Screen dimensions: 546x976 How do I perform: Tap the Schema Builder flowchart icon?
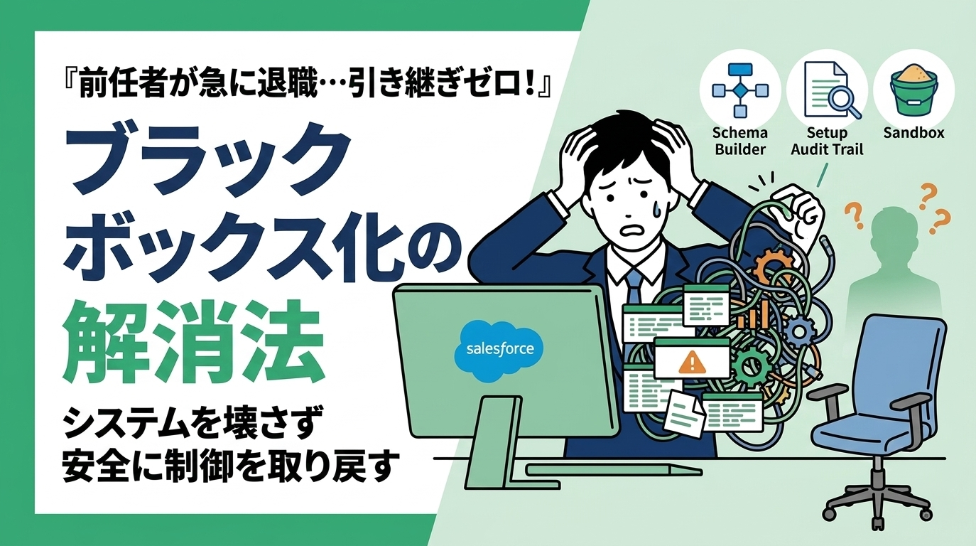pos(740,91)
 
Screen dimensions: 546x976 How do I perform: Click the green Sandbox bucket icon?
pos(913,91)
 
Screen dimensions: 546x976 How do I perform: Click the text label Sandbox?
pos(914,133)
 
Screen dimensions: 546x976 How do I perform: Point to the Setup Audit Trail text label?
pos(827,141)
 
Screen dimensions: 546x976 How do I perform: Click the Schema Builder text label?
pos(740,141)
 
